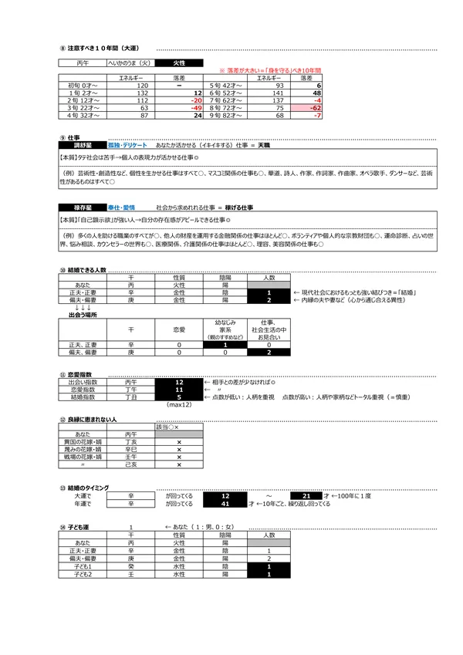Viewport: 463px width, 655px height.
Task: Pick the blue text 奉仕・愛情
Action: [121, 208]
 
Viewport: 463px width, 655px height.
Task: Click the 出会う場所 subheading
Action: [84, 315]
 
